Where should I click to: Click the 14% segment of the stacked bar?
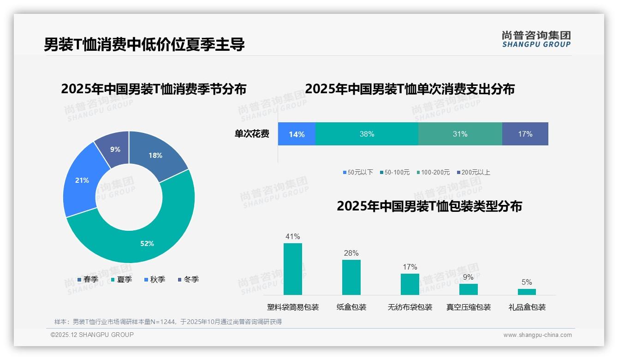point(297,134)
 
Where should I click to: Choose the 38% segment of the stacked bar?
point(367,134)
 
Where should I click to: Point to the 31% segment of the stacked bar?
point(460,134)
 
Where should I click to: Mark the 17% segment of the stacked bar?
point(525,134)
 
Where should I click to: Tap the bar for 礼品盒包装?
point(527,292)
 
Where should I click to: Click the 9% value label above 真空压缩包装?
point(468,277)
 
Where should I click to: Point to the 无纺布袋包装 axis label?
point(410,307)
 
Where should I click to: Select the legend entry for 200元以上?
point(474,172)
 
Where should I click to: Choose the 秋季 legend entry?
point(155,279)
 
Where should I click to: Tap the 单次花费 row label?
point(252,134)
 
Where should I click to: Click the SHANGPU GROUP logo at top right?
point(536,39)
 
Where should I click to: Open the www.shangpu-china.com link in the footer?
point(537,335)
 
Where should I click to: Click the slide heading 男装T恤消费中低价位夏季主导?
point(144,44)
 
